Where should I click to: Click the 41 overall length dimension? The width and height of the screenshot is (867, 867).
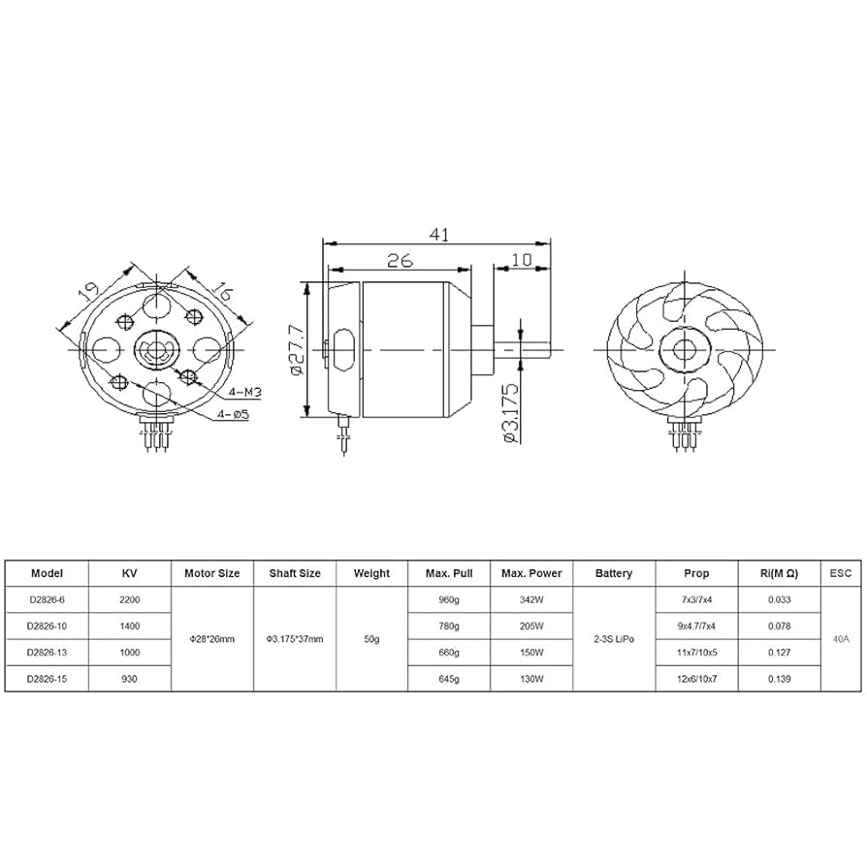tap(439, 235)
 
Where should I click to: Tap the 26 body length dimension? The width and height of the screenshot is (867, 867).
tap(400, 261)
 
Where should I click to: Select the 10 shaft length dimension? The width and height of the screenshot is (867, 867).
tap(522, 260)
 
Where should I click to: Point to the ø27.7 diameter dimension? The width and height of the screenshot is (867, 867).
tap(297, 350)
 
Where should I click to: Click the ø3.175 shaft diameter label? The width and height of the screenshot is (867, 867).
tap(510, 413)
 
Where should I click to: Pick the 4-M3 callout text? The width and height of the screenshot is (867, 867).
tap(244, 392)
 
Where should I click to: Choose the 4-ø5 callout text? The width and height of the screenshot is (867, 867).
tap(233, 414)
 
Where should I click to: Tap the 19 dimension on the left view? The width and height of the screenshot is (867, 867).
tap(88, 291)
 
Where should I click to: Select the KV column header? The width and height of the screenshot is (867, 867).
tap(129, 573)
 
